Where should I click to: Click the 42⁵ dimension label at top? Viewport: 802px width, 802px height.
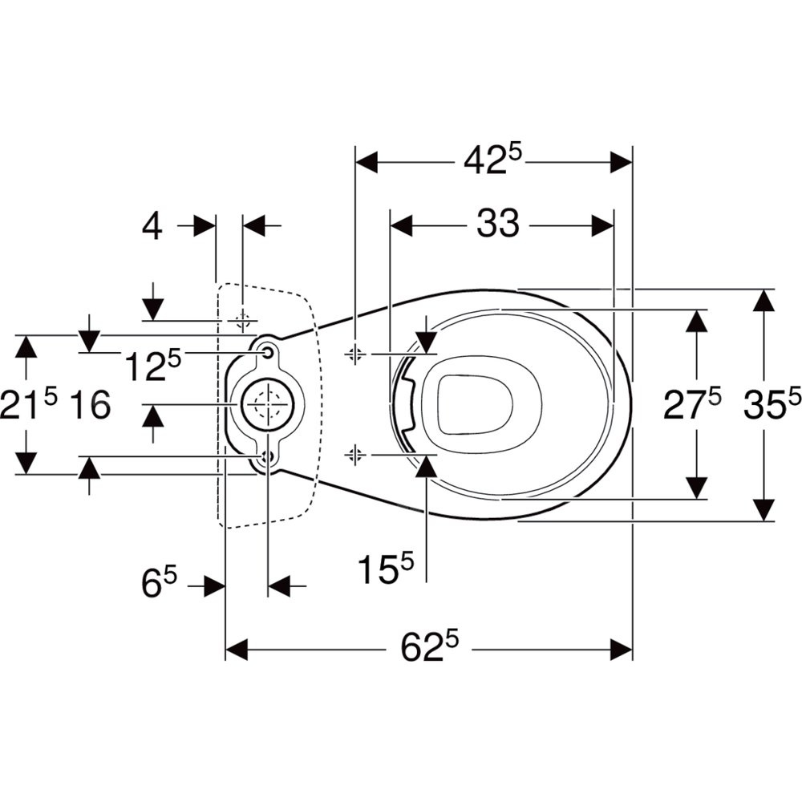tap(492, 161)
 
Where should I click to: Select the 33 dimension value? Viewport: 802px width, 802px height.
tap(498, 225)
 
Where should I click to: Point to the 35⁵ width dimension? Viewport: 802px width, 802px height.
tap(772, 403)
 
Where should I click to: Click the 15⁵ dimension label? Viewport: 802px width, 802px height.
tap(385, 571)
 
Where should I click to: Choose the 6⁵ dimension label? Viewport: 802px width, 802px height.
tap(160, 583)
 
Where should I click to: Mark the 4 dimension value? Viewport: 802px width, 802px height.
tap(152, 227)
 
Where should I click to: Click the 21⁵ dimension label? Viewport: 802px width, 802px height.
tap(29, 403)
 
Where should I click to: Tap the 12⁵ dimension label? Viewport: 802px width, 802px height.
tap(152, 366)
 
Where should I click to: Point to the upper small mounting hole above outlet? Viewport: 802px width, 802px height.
tap(267, 350)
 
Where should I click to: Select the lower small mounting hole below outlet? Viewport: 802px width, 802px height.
tap(267, 458)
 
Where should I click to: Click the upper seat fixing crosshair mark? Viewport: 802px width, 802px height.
tap(355, 354)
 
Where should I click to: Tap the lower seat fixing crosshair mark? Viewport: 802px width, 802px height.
tap(355, 456)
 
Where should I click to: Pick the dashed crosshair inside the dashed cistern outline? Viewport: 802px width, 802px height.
tap(241, 321)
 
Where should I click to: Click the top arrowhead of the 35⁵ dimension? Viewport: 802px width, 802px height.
tap(764, 301)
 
